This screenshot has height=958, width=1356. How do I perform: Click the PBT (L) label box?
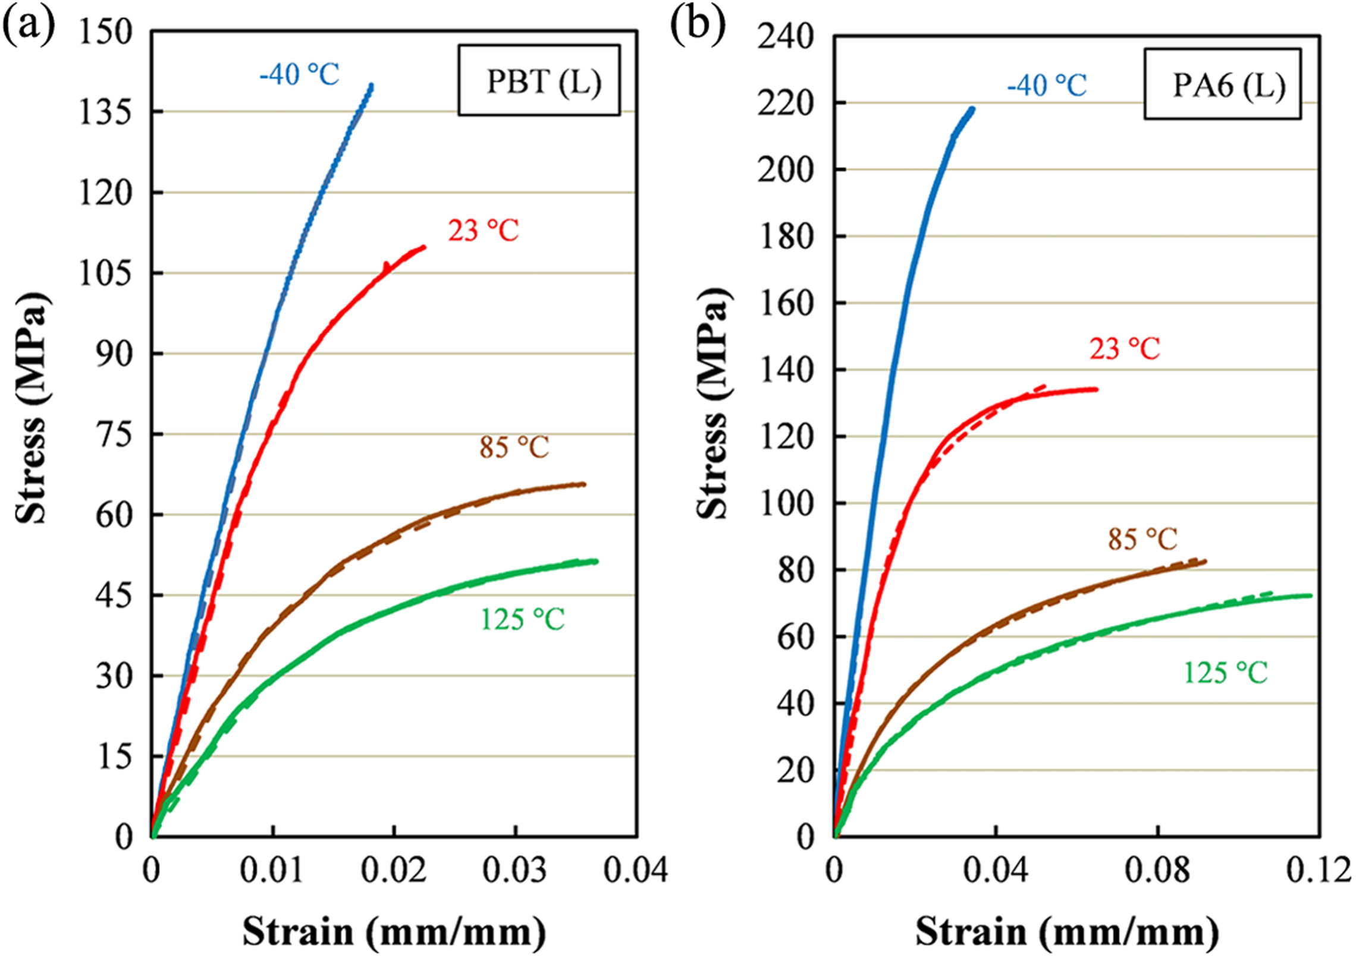539,80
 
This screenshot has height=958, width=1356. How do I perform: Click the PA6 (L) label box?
1223,84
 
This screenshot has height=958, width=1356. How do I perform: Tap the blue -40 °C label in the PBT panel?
299,75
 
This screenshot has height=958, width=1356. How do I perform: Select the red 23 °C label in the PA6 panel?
1125,348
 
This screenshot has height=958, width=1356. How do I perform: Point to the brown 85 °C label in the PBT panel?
514,447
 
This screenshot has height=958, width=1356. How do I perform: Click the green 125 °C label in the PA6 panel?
1226,673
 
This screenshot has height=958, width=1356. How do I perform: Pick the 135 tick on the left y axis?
105,112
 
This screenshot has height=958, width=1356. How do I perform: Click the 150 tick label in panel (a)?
105,31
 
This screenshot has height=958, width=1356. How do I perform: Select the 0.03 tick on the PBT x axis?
514,870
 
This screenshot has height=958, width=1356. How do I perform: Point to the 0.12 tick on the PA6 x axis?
1319,870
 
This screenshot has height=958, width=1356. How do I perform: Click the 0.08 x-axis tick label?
1157,870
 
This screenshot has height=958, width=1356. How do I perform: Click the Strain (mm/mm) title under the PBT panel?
394,931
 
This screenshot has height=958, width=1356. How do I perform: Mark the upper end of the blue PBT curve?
372,85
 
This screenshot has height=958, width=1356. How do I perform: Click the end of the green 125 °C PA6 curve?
1310,595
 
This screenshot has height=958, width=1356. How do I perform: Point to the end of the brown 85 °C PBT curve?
584,484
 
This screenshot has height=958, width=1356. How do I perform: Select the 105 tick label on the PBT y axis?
105,273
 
